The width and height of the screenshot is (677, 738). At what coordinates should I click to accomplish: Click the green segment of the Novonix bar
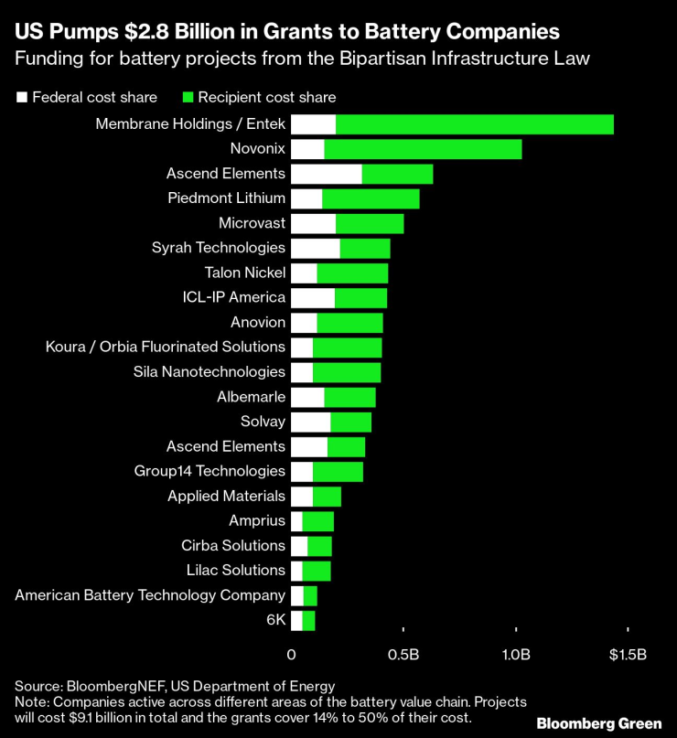[423, 149]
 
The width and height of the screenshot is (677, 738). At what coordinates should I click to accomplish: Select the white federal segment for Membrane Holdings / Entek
[313, 124]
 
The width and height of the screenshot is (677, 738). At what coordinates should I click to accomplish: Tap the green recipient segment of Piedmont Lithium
[371, 198]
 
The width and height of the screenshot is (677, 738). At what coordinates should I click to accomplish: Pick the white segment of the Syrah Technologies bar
[316, 249]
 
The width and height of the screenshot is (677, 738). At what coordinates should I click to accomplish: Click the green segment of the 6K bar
[308, 621]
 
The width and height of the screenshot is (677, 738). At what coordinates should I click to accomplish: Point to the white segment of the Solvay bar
[311, 422]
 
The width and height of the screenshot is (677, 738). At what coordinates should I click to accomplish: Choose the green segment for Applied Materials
[327, 497]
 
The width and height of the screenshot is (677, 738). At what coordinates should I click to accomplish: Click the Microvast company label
[252, 222]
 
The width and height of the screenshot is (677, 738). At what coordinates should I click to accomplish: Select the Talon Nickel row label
[245, 273]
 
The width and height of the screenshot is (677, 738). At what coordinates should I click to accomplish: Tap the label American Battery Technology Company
[150, 595]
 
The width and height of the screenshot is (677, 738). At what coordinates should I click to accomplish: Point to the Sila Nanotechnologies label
[209, 372]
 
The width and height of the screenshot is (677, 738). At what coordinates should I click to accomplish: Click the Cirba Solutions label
[233, 546]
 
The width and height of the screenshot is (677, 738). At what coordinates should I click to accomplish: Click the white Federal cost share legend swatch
[22, 98]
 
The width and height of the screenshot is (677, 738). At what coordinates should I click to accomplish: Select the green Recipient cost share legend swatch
[188, 98]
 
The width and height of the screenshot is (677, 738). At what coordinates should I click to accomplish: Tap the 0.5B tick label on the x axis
[403, 655]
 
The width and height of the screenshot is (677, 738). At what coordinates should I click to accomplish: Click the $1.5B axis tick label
[628, 655]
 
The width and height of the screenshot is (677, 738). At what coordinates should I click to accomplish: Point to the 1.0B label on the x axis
[516, 655]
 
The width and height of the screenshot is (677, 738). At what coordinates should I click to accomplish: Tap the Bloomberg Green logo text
[599, 723]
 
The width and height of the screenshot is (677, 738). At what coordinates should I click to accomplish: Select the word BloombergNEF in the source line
[116, 686]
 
